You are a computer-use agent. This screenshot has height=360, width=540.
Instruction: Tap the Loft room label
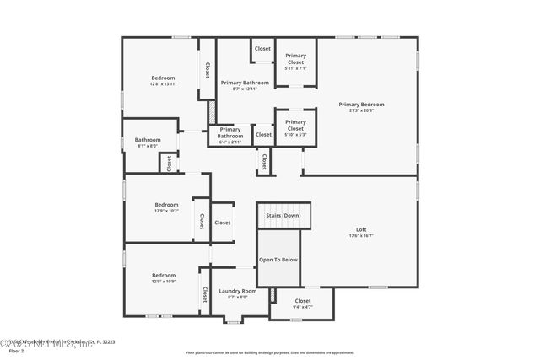point(361,229)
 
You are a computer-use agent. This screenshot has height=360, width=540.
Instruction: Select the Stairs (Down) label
point(283,215)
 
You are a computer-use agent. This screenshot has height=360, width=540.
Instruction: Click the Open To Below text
point(278,260)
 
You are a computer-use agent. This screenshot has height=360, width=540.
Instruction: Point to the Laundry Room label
point(238,291)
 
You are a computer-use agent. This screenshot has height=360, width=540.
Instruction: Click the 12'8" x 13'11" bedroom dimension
point(163,84)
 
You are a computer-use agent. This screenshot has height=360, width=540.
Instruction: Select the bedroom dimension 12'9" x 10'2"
point(166,211)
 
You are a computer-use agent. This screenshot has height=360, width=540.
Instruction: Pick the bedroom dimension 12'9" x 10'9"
point(164,282)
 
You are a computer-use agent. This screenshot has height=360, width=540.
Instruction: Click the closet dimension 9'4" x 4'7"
point(302,307)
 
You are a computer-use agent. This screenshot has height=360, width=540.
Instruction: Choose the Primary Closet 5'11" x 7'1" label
point(295,68)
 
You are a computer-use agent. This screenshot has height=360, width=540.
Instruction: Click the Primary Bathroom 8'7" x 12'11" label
point(245,89)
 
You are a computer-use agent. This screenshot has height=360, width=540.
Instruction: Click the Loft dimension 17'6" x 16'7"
point(361,236)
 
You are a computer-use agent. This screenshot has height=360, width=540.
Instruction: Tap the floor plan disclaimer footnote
point(270,352)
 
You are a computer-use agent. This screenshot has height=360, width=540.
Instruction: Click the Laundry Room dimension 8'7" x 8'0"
point(238,297)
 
